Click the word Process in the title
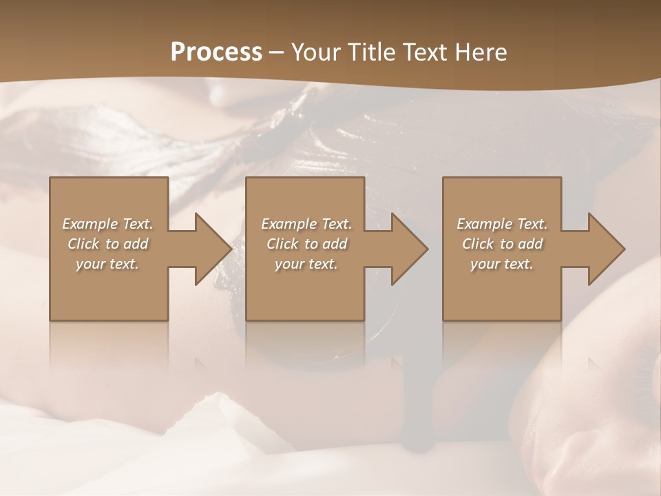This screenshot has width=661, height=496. (216, 52)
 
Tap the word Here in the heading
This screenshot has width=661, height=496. (480, 52)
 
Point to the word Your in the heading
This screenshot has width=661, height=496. (316, 52)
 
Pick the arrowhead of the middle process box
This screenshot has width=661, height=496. (408, 249)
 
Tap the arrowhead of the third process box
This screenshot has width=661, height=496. (605, 249)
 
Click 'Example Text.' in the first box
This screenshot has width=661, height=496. (107, 224)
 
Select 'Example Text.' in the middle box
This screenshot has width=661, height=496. (306, 224)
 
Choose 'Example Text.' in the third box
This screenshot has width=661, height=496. (502, 224)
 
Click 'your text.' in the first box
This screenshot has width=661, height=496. (107, 264)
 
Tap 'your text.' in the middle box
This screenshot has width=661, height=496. (306, 264)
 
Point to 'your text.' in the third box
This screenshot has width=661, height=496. (502, 264)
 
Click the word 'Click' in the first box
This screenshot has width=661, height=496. (83, 244)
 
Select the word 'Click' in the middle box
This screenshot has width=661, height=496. (282, 244)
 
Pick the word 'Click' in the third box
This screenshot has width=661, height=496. (478, 244)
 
